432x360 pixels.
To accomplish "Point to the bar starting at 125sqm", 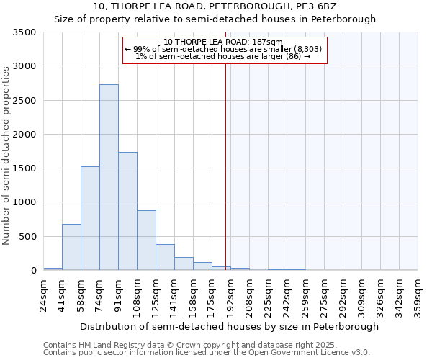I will [165, 257].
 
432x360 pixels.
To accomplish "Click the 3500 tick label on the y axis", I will [24, 33].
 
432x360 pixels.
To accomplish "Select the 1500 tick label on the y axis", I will [24, 168].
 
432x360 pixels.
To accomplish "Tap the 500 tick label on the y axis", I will [27, 236].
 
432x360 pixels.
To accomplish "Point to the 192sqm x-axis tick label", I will [231, 294].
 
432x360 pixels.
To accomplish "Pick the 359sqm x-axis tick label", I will [418, 294].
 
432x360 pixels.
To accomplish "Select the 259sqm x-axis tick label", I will [306, 294].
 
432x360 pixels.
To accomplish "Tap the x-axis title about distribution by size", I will [229, 326].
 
